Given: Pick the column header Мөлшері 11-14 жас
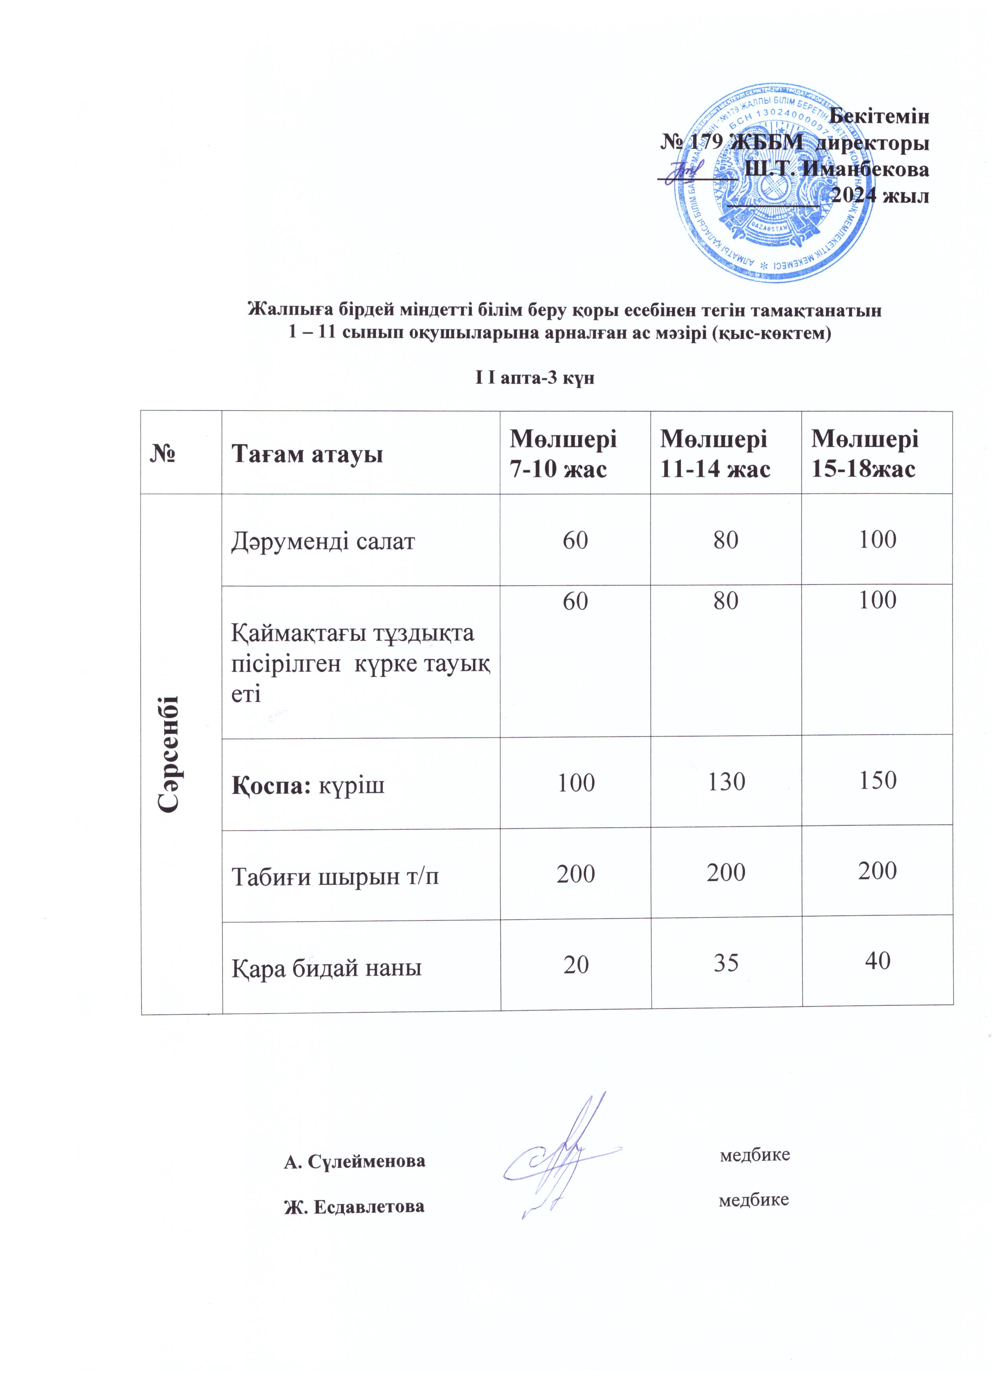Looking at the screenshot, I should [715, 453].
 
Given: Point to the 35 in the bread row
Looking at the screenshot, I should [726, 963].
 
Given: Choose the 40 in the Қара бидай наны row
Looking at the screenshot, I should [878, 961].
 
